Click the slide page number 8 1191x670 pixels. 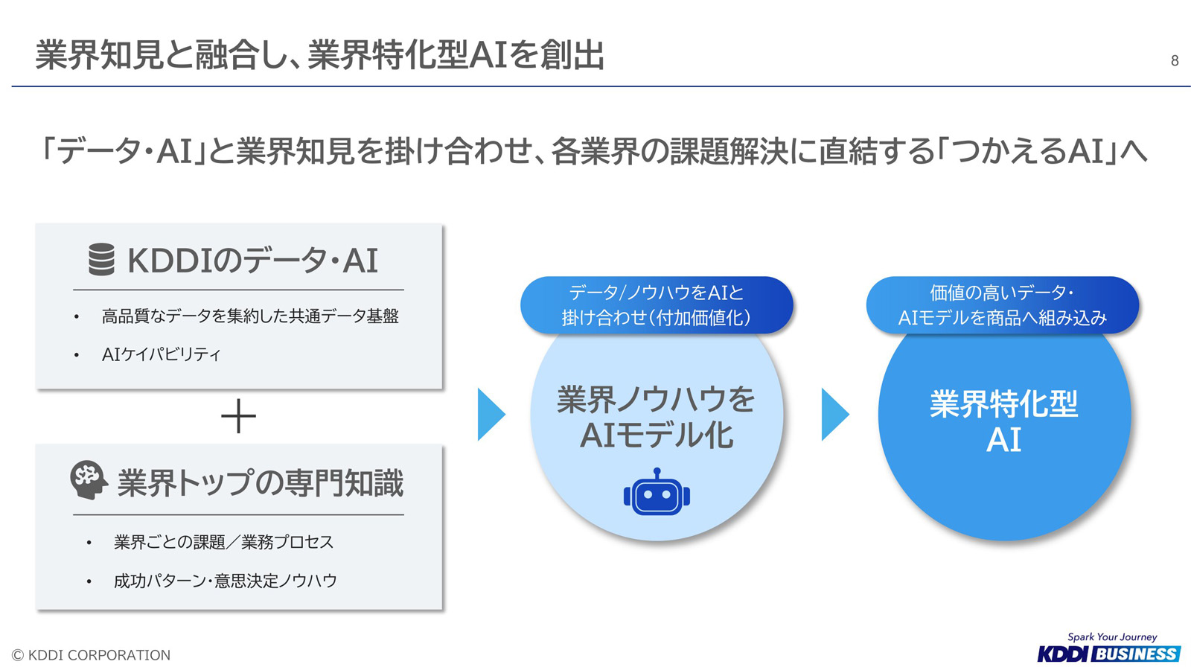1175,60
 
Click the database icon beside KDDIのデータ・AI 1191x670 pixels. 101,260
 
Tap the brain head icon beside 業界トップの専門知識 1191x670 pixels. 89,479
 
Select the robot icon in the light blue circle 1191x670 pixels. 657,492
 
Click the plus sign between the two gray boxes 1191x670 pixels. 238,416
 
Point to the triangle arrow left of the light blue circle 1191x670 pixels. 491,414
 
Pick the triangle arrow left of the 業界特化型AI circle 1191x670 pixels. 835,414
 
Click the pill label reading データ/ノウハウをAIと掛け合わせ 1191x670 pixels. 657,305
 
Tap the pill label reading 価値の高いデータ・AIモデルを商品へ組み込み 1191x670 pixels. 1002,305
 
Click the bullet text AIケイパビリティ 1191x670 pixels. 161,354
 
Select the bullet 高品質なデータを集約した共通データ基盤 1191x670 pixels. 250,316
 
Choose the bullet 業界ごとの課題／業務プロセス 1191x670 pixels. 223,543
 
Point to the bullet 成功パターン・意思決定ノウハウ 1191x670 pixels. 226,581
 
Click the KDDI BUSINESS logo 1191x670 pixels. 1109,654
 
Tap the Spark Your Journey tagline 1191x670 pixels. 1112,637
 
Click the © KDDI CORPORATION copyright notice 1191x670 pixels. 91,655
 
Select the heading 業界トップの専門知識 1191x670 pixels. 260,482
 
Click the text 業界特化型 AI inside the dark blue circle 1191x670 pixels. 1004,421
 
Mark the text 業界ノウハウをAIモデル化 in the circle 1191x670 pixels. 656,418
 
